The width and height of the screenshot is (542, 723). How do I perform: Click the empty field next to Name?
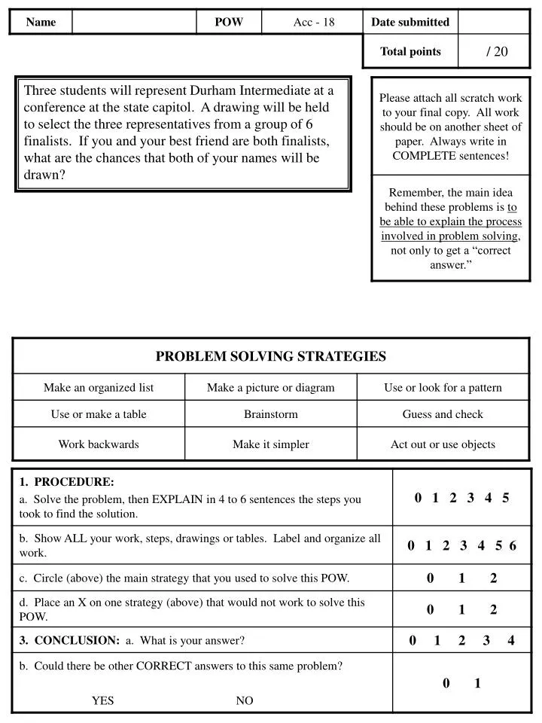pyautogui.click(x=134, y=22)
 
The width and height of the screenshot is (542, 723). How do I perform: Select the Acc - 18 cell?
pyautogui.click(x=313, y=22)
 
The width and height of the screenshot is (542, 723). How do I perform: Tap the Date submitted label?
pyautogui.click(x=410, y=22)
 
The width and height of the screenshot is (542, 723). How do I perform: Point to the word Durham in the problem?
pyautogui.click(x=213, y=90)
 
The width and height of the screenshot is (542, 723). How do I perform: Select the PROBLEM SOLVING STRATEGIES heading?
pyautogui.click(x=271, y=356)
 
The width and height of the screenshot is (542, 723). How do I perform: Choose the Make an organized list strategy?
pyautogui.click(x=99, y=388)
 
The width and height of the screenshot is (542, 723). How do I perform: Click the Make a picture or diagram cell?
pyautogui.click(x=271, y=388)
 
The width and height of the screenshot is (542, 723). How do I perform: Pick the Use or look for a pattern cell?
pyautogui.click(x=443, y=388)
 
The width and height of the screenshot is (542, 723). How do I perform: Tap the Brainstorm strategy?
pyautogui.click(x=271, y=414)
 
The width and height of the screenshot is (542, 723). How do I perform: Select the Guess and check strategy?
pyautogui.click(x=443, y=414)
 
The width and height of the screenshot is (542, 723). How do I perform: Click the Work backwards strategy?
pyautogui.click(x=99, y=444)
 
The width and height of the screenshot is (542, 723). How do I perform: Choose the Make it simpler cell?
pyautogui.click(x=271, y=444)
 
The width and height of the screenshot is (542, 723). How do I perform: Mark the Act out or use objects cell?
pyautogui.click(x=443, y=444)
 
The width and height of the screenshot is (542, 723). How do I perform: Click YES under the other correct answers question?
pyautogui.click(x=103, y=700)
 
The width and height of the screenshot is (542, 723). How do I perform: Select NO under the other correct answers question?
pyautogui.click(x=245, y=700)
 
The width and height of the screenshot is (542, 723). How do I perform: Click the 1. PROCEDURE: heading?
pyautogui.click(x=67, y=481)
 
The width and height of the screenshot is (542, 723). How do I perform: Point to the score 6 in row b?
pyautogui.click(x=513, y=546)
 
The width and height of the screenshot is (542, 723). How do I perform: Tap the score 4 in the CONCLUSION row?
pyautogui.click(x=511, y=641)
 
